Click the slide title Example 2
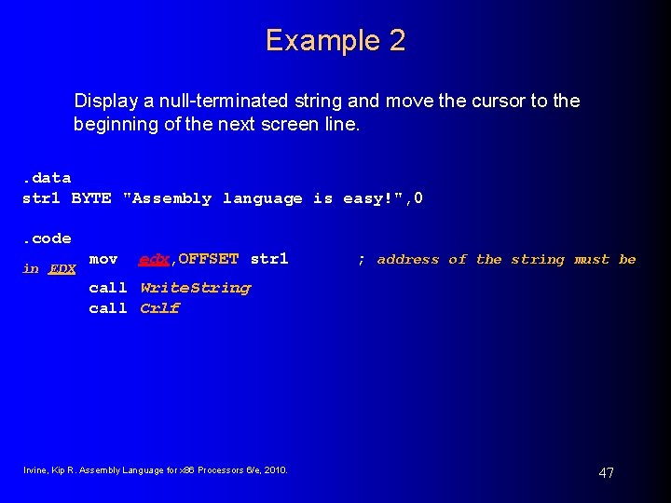click(335, 40)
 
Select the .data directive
click(47, 178)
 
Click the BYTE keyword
click(91, 198)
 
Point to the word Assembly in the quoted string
click(171, 198)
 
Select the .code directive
click(47, 238)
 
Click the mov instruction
click(103, 259)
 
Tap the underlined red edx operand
click(154, 259)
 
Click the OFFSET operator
click(209, 259)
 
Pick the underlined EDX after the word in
click(62, 269)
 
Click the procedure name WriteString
click(196, 288)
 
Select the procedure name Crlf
click(160, 308)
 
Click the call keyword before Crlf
click(108, 308)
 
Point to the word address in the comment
click(408, 260)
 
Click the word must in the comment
click(592, 260)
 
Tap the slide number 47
click(606, 473)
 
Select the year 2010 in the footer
click(276, 469)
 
